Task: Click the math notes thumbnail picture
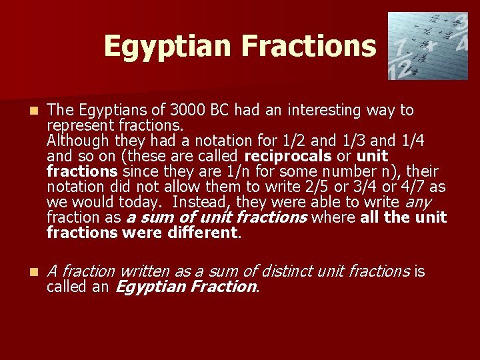coord(428,46)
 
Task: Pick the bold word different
coord(201,233)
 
